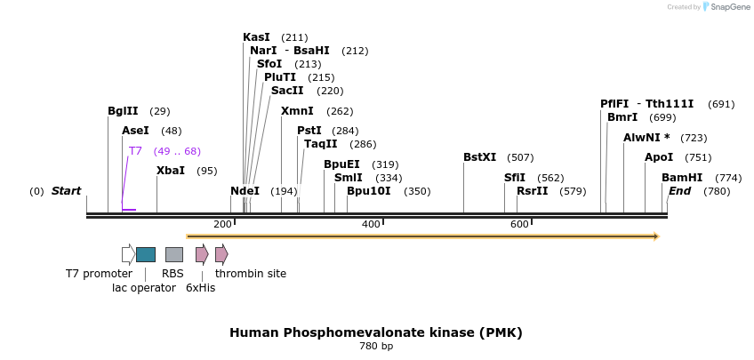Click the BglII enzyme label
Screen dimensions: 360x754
[123, 111]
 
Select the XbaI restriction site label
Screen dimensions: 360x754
[171, 171]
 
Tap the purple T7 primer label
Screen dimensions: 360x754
[135, 151]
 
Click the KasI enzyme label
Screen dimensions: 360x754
[256, 37]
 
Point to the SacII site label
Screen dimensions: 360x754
[287, 91]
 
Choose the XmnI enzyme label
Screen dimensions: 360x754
[297, 111]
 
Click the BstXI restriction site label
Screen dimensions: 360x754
[480, 157]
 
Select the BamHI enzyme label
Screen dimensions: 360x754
[682, 178]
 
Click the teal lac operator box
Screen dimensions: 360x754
[146, 254]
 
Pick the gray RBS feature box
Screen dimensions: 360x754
[174, 254]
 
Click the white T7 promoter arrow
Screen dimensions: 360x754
[128, 254]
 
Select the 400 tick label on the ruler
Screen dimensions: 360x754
[371, 224]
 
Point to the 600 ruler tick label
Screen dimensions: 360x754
[519, 224]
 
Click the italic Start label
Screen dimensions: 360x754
[66, 191]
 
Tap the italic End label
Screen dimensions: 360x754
[679, 191]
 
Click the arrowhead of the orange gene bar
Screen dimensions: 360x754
[656, 236]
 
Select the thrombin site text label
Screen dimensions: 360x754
[251, 274]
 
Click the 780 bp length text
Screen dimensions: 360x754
[376, 346]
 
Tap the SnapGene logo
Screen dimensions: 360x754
[726, 7]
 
